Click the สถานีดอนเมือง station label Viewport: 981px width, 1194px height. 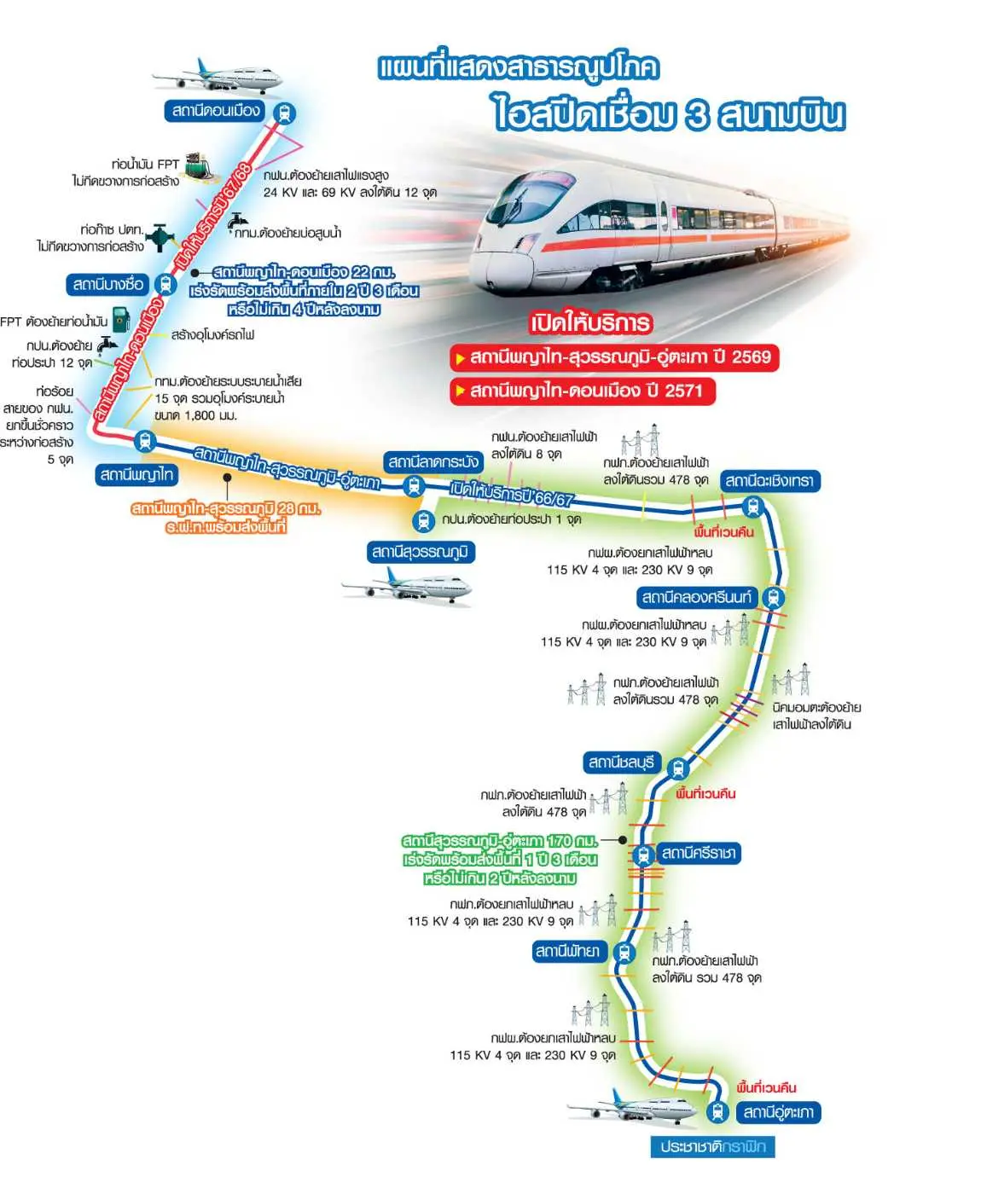216,111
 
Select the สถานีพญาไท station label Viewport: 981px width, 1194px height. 136,474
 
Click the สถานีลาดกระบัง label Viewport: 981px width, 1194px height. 432,462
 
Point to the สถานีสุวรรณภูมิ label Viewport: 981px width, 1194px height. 420,552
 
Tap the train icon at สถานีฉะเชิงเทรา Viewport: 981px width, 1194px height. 752,507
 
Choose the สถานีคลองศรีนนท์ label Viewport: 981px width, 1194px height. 697,597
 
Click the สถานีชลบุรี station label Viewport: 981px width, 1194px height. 621,762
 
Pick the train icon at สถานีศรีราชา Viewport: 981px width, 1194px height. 644,854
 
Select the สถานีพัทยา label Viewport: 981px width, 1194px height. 567,951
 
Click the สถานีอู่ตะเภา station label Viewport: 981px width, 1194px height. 778,1112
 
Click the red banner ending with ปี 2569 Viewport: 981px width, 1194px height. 614,357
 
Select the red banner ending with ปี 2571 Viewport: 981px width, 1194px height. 583,391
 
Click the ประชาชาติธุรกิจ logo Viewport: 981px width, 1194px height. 712,1147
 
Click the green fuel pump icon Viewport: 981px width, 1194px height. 121,320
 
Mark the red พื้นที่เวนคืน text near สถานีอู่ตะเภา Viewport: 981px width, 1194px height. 766,1087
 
